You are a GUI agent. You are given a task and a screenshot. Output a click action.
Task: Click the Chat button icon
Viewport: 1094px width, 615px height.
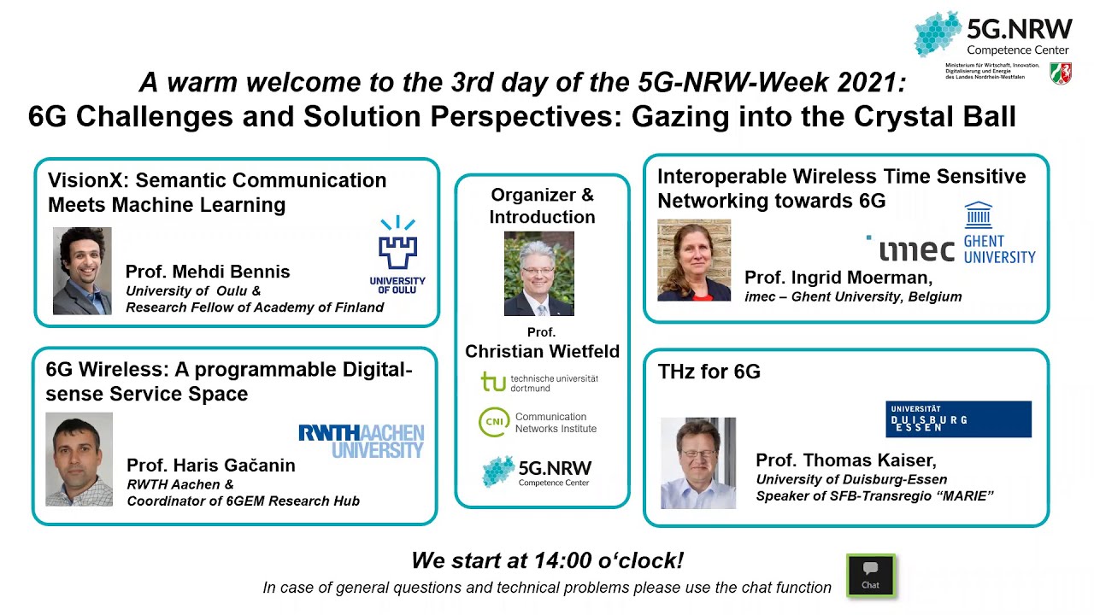click(870, 574)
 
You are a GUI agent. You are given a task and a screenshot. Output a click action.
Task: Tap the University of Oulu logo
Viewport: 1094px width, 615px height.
click(397, 255)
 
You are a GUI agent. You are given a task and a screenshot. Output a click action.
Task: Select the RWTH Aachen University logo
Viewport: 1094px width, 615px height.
click(361, 441)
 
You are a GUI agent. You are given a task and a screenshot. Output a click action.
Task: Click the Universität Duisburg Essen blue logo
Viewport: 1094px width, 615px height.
click(958, 419)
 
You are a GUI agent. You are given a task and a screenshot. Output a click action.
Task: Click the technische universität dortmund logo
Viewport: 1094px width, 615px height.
click(539, 382)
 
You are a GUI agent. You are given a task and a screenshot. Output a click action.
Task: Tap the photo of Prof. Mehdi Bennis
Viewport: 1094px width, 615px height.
click(82, 271)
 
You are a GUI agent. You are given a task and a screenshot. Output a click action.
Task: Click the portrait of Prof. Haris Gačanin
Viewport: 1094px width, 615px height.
click(79, 460)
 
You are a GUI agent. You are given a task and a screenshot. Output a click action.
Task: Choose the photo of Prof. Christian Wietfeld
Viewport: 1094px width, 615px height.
click(539, 273)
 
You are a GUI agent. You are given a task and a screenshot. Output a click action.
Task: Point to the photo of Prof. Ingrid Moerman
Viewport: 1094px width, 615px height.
click(694, 261)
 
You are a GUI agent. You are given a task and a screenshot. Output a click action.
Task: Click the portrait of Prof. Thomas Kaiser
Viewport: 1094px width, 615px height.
click(698, 463)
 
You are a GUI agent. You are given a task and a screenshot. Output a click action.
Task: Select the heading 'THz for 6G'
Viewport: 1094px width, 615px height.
click(709, 372)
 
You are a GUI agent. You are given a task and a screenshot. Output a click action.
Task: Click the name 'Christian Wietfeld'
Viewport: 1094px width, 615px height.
click(542, 351)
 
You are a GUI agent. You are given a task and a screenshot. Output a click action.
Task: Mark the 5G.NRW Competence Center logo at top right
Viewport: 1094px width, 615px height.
click(992, 36)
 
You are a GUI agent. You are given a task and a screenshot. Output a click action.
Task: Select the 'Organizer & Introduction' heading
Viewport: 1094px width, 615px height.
click(542, 206)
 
